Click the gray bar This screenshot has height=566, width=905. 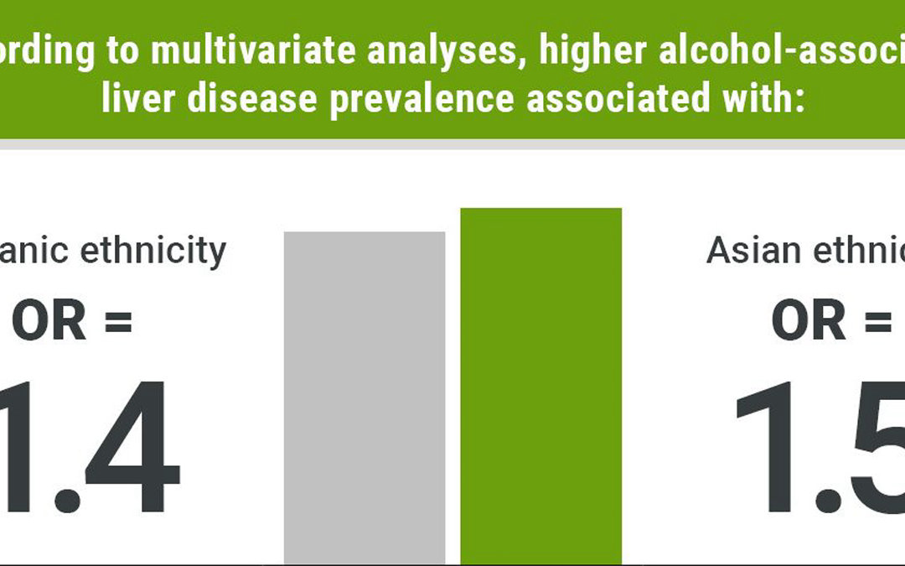(365, 397)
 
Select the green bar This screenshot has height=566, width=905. (540, 386)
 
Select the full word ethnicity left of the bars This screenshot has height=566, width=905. (158, 251)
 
